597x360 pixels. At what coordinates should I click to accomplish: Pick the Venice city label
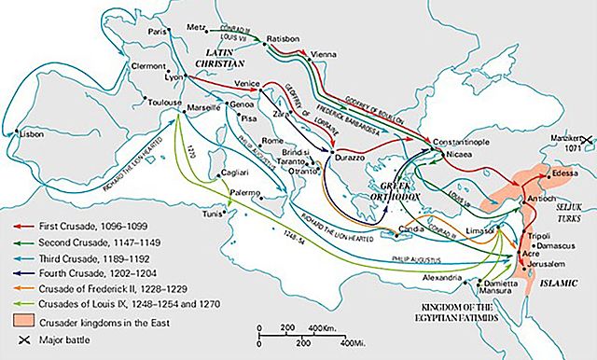tap(246, 85)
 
